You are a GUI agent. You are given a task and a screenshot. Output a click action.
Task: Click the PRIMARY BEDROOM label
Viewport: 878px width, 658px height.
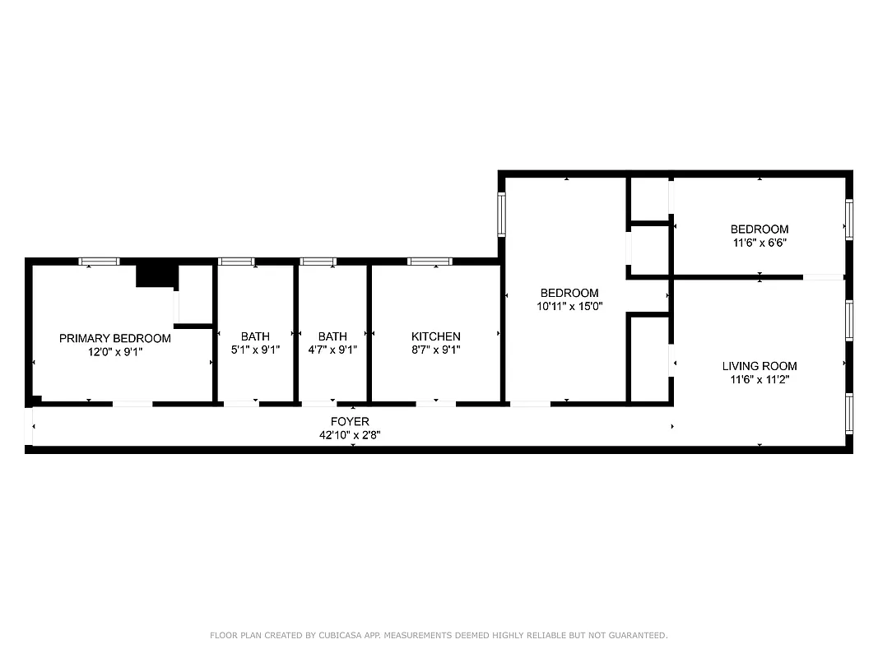[x=115, y=338]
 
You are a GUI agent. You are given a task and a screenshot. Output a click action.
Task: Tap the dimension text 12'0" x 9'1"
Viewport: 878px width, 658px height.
[x=115, y=351]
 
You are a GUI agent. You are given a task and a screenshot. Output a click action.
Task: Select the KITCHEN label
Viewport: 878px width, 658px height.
[x=435, y=336]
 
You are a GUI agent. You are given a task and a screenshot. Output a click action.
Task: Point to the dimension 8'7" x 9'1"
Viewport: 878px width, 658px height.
[x=435, y=350]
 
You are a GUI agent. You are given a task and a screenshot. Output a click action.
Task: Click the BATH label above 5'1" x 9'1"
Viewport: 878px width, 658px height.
[x=255, y=336]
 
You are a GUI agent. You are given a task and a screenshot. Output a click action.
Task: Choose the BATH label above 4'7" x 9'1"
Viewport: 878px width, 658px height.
[x=332, y=336]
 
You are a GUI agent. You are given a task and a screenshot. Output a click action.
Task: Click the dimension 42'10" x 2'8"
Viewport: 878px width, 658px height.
[x=350, y=435]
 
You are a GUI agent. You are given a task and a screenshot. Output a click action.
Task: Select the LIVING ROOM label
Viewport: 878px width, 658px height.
[x=759, y=366]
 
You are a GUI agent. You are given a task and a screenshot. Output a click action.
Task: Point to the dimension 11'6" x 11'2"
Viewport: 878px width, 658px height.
[x=759, y=379]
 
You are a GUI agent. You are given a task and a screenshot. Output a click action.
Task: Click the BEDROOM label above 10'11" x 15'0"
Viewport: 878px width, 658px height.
[x=569, y=293]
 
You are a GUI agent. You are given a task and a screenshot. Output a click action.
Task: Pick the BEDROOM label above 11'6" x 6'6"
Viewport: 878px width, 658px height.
[x=759, y=229]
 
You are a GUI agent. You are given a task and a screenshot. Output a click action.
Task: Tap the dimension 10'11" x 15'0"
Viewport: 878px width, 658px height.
[x=569, y=306]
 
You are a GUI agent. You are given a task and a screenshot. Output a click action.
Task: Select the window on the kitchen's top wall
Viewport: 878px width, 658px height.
[x=430, y=262]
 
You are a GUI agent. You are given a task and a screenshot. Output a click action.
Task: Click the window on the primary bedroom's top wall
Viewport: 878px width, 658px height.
[x=99, y=262]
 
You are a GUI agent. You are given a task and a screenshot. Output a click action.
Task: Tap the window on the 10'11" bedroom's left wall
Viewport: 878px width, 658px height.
[x=501, y=214]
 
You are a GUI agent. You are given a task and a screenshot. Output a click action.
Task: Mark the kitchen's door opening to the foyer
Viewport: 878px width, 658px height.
[x=435, y=403]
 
